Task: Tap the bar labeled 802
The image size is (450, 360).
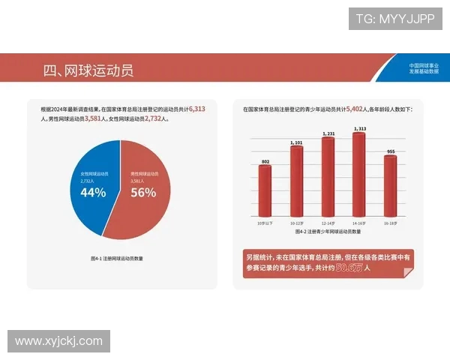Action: [265, 190]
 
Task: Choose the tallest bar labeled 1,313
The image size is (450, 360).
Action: [359, 173]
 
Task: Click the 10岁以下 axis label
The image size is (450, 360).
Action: [265, 223]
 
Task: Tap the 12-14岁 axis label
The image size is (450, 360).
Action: [328, 223]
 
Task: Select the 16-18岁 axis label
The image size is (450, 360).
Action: [390, 223]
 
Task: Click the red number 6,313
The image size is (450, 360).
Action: [197, 109]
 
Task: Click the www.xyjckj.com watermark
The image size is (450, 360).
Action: [58, 341]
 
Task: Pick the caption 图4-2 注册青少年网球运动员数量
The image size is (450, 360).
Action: [328, 232]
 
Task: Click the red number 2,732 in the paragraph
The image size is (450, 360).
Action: [154, 118]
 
